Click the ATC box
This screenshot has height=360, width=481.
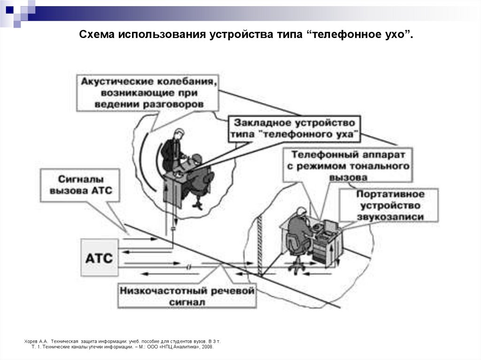pyautogui.click(x=99, y=257)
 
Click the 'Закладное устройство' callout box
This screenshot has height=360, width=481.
pyautogui.click(x=295, y=130)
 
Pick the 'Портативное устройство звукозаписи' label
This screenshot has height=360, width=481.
pyautogui.click(x=389, y=205)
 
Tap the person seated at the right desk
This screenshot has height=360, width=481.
pyautogui.click(x=299, y=226)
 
